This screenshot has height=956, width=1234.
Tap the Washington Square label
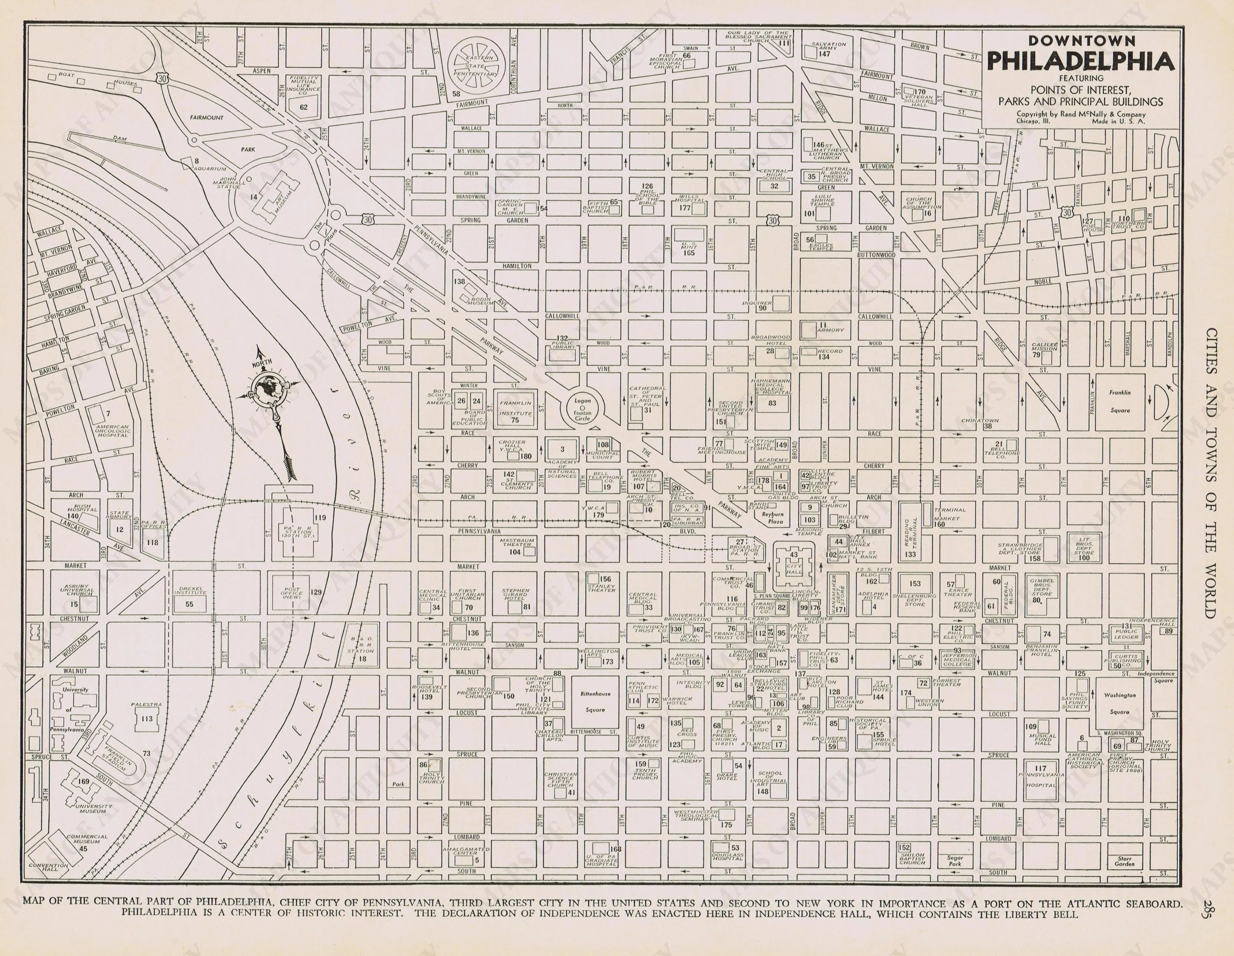pos(1119,703)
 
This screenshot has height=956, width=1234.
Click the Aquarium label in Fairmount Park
pos(210,168)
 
